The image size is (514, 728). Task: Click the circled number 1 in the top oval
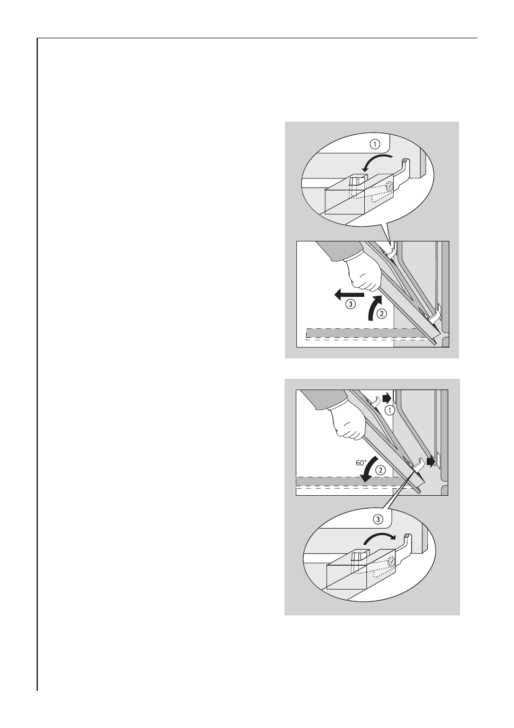[x=374, y=144]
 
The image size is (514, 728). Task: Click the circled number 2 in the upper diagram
[x=382, y=314]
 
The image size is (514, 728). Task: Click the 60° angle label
[x=362, y=462]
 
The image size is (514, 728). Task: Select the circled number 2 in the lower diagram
[x=380, y=470]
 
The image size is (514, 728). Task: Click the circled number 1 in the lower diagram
[x=390, y=411]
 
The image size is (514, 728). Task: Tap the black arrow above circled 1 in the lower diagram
[x=387, y=398]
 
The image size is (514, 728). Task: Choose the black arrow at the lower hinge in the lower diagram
[x=431, y=461]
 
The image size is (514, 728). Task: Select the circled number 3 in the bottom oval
[x=378, y=519]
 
